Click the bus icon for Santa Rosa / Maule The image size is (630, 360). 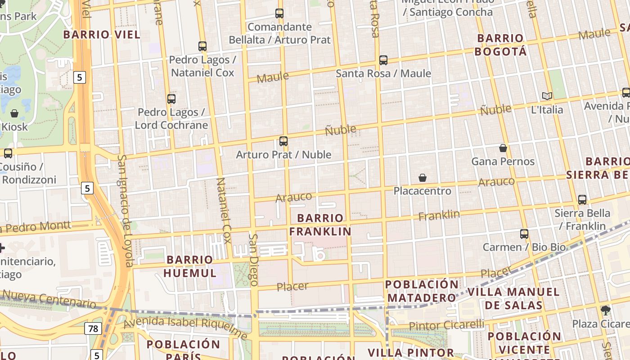pyautogui.click(x=383, y=60)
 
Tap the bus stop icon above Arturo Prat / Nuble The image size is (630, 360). pyautogui.click(x=283, y=141)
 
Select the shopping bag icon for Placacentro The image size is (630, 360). pyautogui.click(x=422, y=178)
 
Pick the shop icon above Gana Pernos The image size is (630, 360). pyautogui.click(x=503, y=148)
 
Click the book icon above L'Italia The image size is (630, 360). pyautogui.click(x=547, y=96)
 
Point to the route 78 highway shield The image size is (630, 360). pyautogui.click(x=93, y=329)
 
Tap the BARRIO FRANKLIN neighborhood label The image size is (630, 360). pyautogui.click(x=320, y=225)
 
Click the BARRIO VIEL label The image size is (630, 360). pyautogui.click(x=102, y=35)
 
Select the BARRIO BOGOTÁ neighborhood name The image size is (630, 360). pyautogui.click(x=500, y=45)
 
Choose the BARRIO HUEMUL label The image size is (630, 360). pyautogui.click(x=190, y=266)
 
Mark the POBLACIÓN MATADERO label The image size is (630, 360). pyautogui.click(x=422, y=291)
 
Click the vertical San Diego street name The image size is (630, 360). pyautogui.click(x=253, y=260)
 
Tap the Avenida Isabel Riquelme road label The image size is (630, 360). pyautogui.click(x=185, y=327)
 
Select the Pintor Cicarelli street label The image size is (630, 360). pyautogui.click(x=446, y=325)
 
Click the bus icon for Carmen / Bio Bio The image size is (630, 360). pyautogui.click(x=524, y=234)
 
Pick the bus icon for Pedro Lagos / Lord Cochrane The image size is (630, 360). pyautogui.click(x=171, y=99)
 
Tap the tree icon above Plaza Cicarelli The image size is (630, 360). pyautogui.click(x=606, y=310)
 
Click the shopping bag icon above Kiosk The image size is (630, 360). pyautogui.click(x=14, y=113)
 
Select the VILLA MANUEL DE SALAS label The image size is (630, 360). pyautogui.click(x=513, y=298)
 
